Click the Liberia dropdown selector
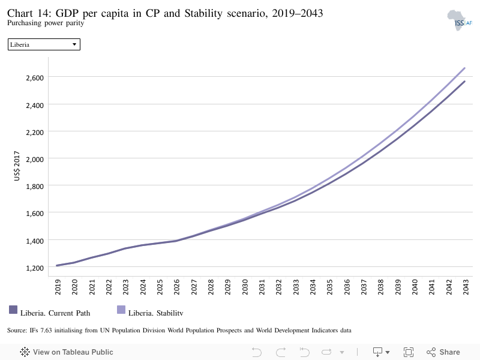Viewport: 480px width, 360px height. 44,44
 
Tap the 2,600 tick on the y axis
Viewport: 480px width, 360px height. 35,78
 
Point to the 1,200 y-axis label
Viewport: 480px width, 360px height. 35,268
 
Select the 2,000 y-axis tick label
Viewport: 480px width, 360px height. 35,159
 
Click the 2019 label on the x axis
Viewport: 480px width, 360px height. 58,287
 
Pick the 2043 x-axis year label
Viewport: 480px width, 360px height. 466,287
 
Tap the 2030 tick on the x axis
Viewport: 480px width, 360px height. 245,287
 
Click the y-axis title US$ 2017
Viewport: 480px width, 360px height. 17,166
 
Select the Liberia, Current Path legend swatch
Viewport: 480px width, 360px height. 13,310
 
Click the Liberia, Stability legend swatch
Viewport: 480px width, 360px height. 121,310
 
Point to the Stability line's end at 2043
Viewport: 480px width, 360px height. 464,68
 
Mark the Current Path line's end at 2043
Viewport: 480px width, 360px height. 464,82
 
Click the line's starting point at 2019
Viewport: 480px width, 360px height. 57,265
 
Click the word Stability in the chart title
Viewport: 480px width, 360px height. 203,13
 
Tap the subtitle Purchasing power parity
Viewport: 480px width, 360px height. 46,23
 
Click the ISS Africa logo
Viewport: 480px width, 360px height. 459,20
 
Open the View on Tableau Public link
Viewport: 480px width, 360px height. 67,352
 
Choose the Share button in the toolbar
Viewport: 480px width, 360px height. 443,352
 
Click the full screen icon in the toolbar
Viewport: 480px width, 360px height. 409,352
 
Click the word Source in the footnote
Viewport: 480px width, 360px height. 17,331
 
